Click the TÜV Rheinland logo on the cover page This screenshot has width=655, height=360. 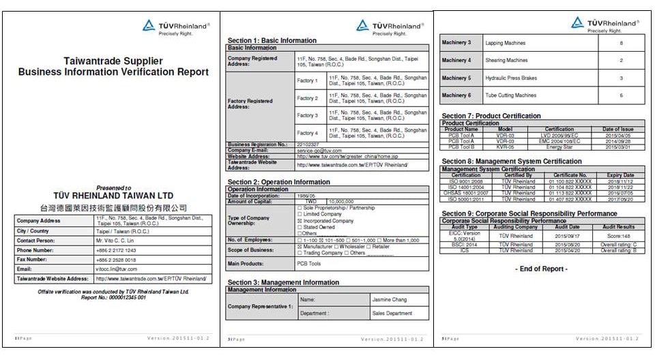pos(175,27)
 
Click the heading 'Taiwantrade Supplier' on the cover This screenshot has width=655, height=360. pos(113,61)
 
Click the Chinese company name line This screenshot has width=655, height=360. pos(113,207)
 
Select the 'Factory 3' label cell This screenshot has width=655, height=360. pos(307,116)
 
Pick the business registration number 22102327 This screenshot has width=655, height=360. pos(309,145)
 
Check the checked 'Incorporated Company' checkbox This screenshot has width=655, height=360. pos(299,221)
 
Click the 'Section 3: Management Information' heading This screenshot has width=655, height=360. pos(283,282)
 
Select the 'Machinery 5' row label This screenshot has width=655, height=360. pos(456,78)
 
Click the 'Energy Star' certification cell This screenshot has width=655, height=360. pos(559,147)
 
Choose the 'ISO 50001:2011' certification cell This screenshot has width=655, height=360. pos(466,199)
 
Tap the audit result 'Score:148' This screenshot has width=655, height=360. pos(618,235)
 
